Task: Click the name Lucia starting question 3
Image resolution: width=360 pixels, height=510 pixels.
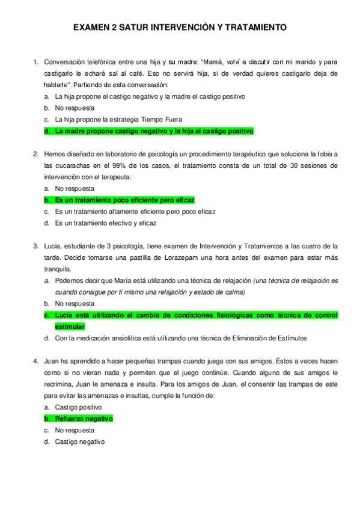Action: (x=54, y=246)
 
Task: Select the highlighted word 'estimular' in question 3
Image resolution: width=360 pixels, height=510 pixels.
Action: (x=70, y=326)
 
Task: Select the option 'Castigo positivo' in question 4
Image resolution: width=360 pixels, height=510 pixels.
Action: (x=78, y=407)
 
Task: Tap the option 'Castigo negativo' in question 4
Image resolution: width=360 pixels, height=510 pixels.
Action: (x=79, y=441)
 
